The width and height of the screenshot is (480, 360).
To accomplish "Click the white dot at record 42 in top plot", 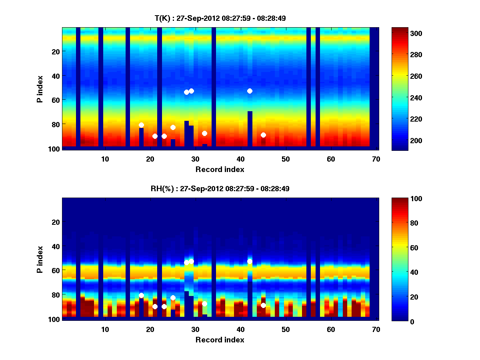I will click(250, 91).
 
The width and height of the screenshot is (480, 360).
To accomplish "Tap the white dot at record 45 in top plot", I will click(263, 135).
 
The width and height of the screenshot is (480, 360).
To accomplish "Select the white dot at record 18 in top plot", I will click(141, 125).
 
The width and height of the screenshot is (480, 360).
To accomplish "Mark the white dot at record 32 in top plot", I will click(204, 133).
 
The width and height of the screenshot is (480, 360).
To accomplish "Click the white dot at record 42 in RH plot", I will click(250, 261).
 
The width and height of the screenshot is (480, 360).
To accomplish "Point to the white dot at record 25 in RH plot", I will click(173, 298).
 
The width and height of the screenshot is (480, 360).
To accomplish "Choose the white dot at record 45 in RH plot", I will click(263, 305).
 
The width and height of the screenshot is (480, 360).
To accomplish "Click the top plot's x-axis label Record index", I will click(220, 170).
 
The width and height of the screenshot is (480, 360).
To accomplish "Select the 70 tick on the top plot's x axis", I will click(376, 159).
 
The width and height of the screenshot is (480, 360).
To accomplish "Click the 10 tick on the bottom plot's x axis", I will click(105, 329).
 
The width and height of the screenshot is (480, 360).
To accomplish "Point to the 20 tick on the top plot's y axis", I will click(55, 51).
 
